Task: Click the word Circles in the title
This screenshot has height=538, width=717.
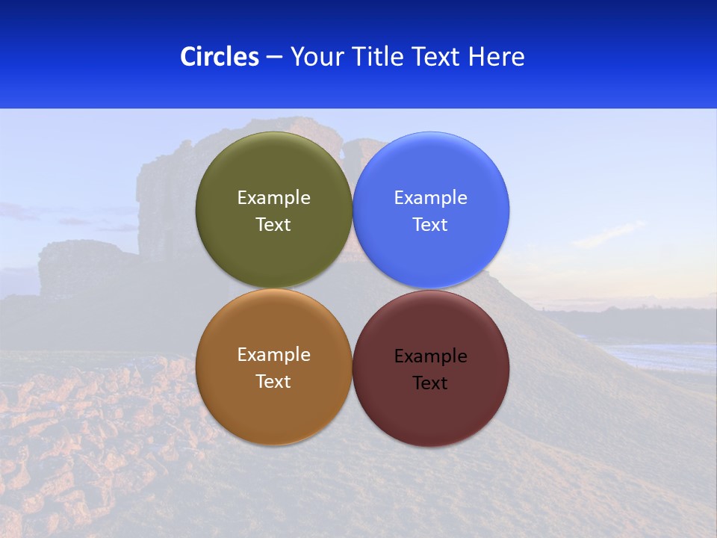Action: [x=219, y=56]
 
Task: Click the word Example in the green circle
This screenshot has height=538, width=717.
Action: [x=273, y=197]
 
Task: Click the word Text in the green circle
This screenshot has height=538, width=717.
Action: [x=273, y=224]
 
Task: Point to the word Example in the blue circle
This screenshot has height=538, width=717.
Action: [x=430, y=197]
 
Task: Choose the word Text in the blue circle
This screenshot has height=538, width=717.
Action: [x=430, y=224]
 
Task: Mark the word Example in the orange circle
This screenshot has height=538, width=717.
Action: [x=273, y=354]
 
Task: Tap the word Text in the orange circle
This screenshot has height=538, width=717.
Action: [x=273, y=381]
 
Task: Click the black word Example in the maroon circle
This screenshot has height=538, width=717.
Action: [x=430, y=356]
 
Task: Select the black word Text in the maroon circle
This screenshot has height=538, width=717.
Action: [x=430, y=383]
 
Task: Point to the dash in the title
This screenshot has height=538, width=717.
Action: [x=274, y=57]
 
